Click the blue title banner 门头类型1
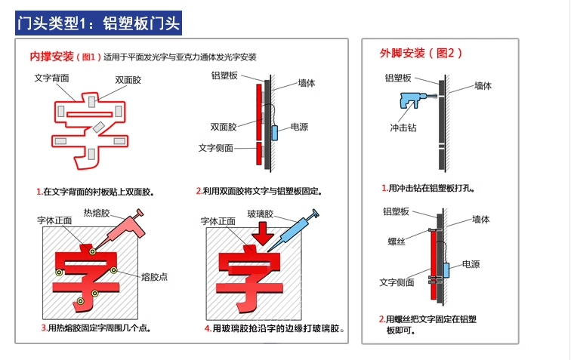click(x=98, y=23)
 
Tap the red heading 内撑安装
click(x=51, y=57)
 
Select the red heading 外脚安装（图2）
click(x=421, y=53)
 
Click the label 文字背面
click(x=51, y=78)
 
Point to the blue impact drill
click(x=415, y=100)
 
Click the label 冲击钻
click(x=403, y=128)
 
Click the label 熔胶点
click(x=154, y=277)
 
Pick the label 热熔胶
click(x=97, y=213)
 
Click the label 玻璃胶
click(x=260, y=214)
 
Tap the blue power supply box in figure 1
click(x=275, y=133)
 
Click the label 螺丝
click(x=397, y=241)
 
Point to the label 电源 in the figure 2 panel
click(x=471, y=264)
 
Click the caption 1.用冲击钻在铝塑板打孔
click(x=428, y=188)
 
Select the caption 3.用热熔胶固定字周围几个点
click(x=96, y=328)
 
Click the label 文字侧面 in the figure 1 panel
click(x=215, y=148)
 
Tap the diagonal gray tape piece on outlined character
click(x=98, y=127)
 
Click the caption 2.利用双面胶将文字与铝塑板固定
click(x=259, y=191)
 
